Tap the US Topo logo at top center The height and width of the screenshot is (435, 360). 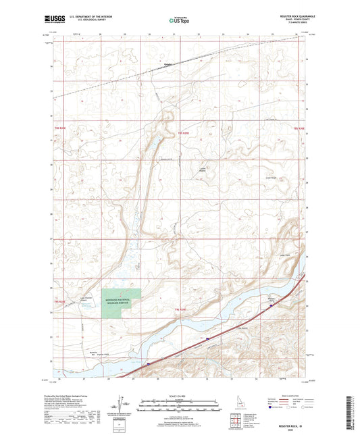(x=180, y=21)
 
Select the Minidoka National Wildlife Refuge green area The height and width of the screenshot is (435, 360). (x=121, y=301)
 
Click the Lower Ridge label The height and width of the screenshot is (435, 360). (x=269, y=179)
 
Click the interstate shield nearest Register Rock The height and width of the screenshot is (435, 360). (x=271, y=306)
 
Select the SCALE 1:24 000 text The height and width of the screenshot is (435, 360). (x=180, y=395)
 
